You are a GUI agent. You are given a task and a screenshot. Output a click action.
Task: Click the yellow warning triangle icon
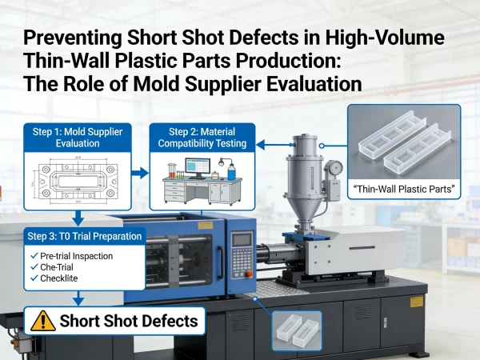tap(43, 321)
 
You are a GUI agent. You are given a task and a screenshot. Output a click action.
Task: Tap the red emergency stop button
tap(249, 274)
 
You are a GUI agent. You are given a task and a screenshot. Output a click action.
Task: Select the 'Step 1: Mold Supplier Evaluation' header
tap(78, 138)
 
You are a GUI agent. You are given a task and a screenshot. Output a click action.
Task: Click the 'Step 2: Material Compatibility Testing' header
tap(202, 138)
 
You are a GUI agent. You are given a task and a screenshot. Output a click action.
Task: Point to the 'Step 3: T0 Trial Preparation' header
tap(85, 236)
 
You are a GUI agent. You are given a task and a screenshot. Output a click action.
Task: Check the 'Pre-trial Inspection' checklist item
tap(72, 256)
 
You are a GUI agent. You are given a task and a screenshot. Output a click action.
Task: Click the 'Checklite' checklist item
tap(54, 278)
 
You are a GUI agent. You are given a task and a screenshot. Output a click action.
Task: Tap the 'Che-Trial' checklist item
tap(52, 267)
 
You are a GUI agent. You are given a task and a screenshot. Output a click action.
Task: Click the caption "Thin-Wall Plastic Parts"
tap(404, 189)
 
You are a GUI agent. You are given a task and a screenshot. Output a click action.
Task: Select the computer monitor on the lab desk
tap(198, 168)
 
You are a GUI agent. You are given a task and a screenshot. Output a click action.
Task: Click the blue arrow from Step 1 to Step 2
tap(140, 173)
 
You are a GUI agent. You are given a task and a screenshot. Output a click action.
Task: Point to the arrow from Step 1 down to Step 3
tap(78, 218)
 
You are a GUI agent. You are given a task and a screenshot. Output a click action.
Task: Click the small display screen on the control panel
tap(242, 240)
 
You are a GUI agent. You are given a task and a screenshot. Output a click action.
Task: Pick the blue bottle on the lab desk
tap(232, 172)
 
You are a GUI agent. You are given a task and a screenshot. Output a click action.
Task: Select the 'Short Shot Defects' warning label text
tap(129, 321)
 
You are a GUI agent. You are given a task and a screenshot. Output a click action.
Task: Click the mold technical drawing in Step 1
tap(78, 180)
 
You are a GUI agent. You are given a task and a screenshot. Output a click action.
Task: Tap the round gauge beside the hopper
tap(334, 167)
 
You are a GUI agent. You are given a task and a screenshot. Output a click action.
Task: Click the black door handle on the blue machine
tap(220, 262)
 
